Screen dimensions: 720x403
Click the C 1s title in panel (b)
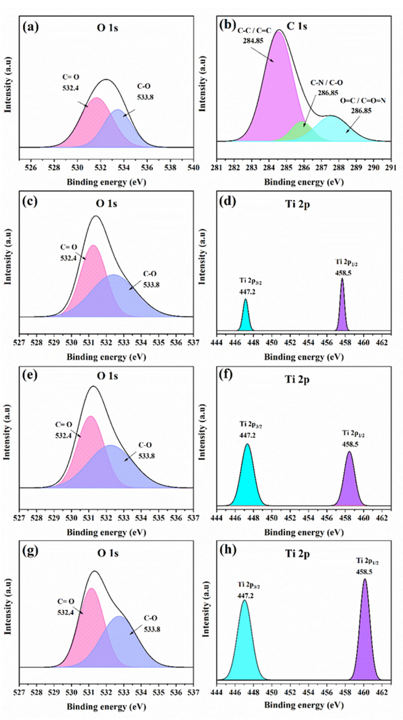pos(297,26)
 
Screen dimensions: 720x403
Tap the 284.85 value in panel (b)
pos(253,41)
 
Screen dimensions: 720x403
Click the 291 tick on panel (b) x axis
pos(391,168)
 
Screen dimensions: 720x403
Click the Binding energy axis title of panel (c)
pos(106,357)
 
